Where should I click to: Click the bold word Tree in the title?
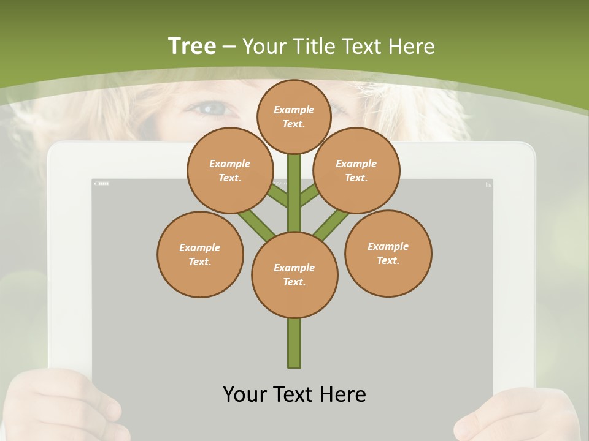point(192,46)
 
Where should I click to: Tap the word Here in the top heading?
point(410,47)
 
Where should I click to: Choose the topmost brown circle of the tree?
point(294,116)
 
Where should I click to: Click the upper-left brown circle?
point(230,170)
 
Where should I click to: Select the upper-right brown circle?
point(356,170)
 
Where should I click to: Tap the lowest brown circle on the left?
point(200,254)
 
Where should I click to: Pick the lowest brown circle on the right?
point(388,253)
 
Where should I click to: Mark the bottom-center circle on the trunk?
point(294,274)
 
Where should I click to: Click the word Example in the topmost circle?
point(294,110)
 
